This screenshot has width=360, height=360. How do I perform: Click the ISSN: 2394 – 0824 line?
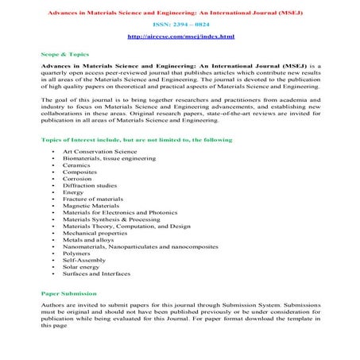tap(180, 25)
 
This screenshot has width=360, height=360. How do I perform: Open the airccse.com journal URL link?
tap(180, 37)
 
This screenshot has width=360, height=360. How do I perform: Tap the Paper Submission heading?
tap(70, 294)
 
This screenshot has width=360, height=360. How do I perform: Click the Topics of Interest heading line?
tap(137, 140)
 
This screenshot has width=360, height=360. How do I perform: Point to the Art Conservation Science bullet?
tap(99, 151)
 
